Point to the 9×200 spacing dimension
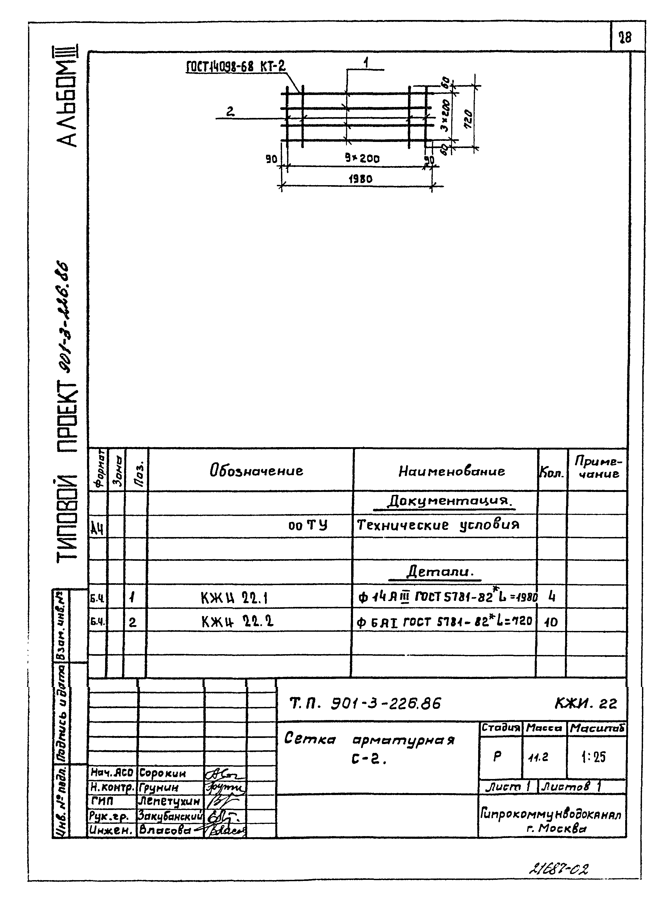pyautogui.click(x=362, y=159)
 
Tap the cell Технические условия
pyautogui.click(x=438, y=525)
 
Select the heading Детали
pyautogui.click(x=439, y=571)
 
